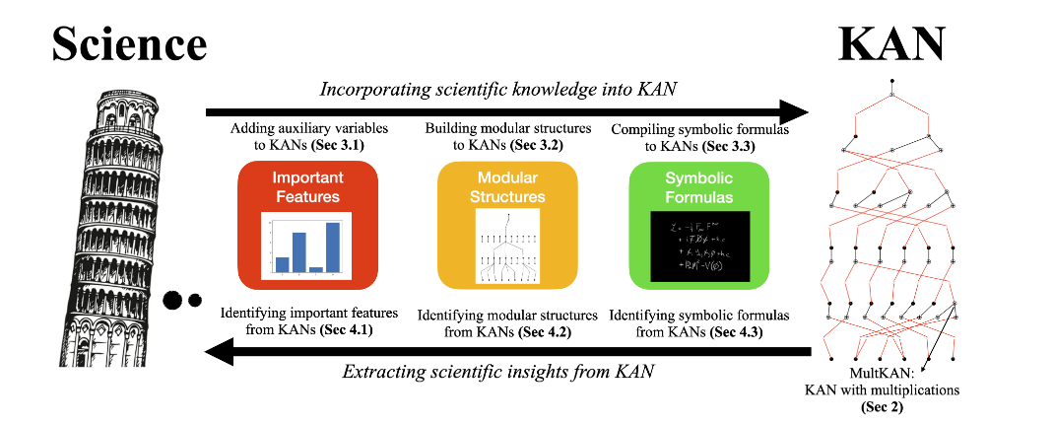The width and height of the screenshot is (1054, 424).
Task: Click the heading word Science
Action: point(129,43)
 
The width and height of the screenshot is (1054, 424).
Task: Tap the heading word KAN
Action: point(890,43)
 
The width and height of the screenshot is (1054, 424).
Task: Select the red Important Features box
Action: point(307,225)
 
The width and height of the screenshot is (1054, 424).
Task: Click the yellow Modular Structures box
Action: point(506,225)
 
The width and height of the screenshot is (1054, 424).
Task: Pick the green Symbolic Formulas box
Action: point(698,225)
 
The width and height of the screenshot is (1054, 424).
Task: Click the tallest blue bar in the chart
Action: point(333,246)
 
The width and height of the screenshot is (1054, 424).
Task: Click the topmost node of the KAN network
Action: point(890,80)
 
